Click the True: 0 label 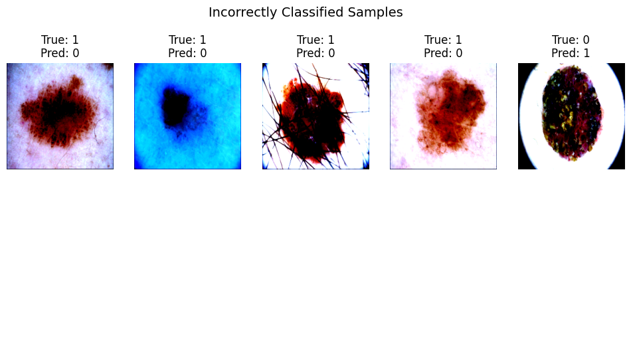[571, 40]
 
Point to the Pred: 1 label [571, 53]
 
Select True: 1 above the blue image [187, 40]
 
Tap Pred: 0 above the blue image [187, 53]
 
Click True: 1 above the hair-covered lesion [315, 40]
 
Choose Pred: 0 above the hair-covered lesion [315, 53]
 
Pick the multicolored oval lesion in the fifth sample [571, 113]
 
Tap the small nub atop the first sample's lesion [75, 82]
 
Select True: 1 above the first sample [60, 40]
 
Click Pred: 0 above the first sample [60, 53]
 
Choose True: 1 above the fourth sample [443, 40]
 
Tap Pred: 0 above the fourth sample [443, 53]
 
